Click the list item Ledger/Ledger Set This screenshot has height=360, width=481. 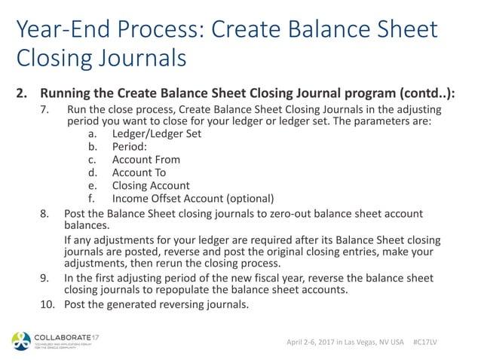[x=157, y=134]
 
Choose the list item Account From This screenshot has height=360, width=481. [x=146, y=160]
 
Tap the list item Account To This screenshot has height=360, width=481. [x=139, y=172]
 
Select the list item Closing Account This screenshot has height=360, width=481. [x=151, y=185]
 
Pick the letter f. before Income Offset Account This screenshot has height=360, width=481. [x=91, y=199]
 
